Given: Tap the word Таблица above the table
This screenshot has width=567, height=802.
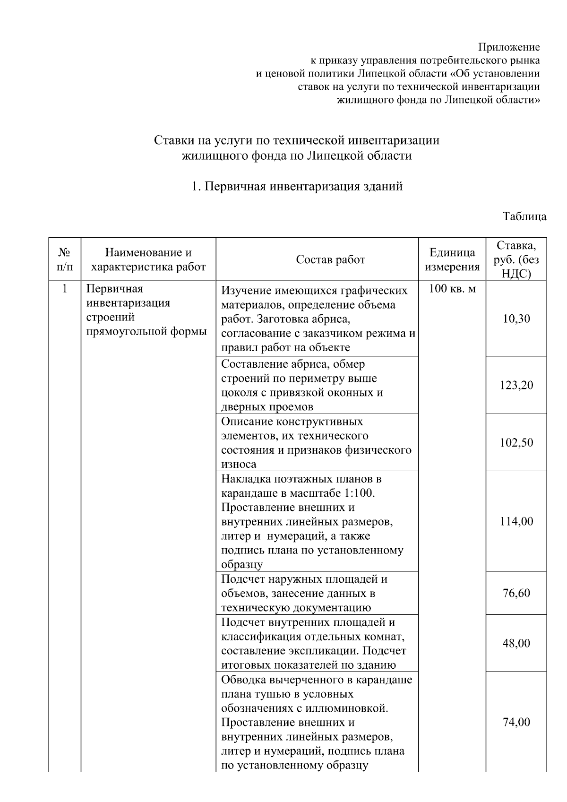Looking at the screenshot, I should tap(524, 217).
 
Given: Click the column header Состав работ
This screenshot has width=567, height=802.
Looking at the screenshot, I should tap(330, 260).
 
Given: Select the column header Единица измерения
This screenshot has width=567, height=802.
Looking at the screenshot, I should tap(452, 260).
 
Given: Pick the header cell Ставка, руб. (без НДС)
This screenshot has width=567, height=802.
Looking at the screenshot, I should tap(516, 259).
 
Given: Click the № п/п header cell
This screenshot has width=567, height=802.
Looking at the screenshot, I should tap(65, 260).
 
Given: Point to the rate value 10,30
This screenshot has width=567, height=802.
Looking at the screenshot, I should tap(516, 319).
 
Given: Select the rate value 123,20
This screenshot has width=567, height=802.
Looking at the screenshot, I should tap(516, 385).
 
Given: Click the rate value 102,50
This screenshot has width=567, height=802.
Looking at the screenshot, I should tap(516, 443).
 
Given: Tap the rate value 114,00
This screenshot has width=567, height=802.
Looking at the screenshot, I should tap(516, 521).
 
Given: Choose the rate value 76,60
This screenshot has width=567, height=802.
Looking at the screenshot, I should tap(516, 593).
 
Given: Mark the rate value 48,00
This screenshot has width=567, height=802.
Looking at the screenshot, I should tap(516, 643).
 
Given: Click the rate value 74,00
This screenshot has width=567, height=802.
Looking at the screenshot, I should tap(516, 722).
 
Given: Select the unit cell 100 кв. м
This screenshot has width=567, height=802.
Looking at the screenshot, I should tap(452, 289).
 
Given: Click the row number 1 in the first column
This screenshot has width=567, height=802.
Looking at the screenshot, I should tap(65, 289).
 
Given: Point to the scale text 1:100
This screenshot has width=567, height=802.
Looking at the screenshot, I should tap(359, 493).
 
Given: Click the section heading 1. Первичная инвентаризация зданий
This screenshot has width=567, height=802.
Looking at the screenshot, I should tap(297, 186).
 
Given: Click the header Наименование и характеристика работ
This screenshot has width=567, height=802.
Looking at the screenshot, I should tap(148, 260).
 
